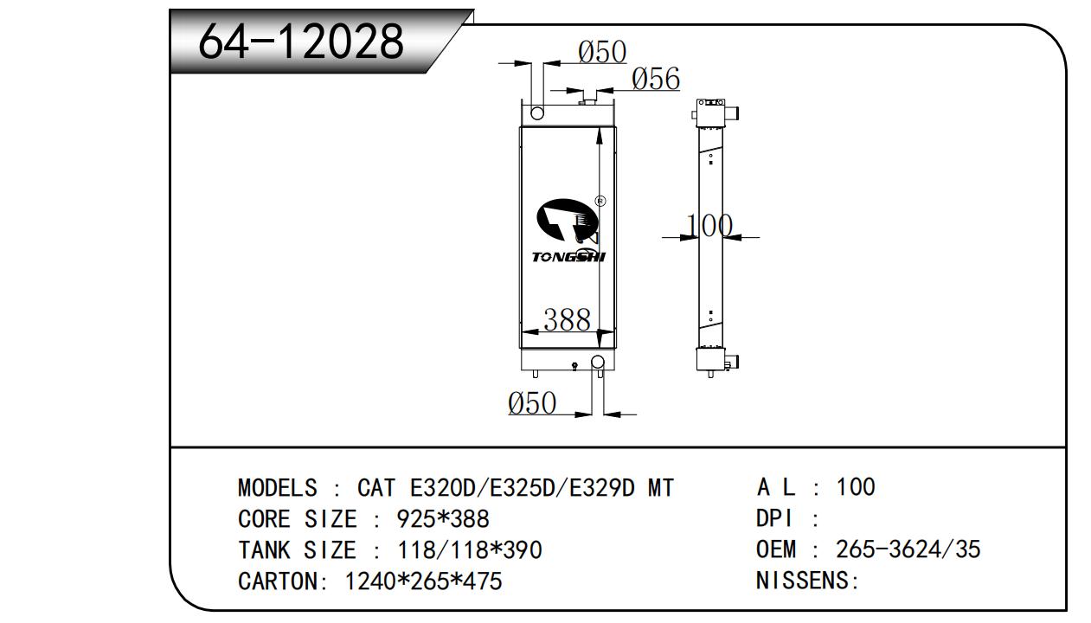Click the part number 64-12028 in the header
tap(301, 42)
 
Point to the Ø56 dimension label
tap(656, 79)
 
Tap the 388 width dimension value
tap(567, 320)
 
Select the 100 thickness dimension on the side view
tap(709, 226)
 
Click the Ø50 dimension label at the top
tap(602, 52)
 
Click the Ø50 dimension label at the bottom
tap(532, 403)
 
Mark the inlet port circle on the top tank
tap(537, 113)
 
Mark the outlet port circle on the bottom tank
tap(598, 362)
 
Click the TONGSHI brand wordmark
tap(568, 257)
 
